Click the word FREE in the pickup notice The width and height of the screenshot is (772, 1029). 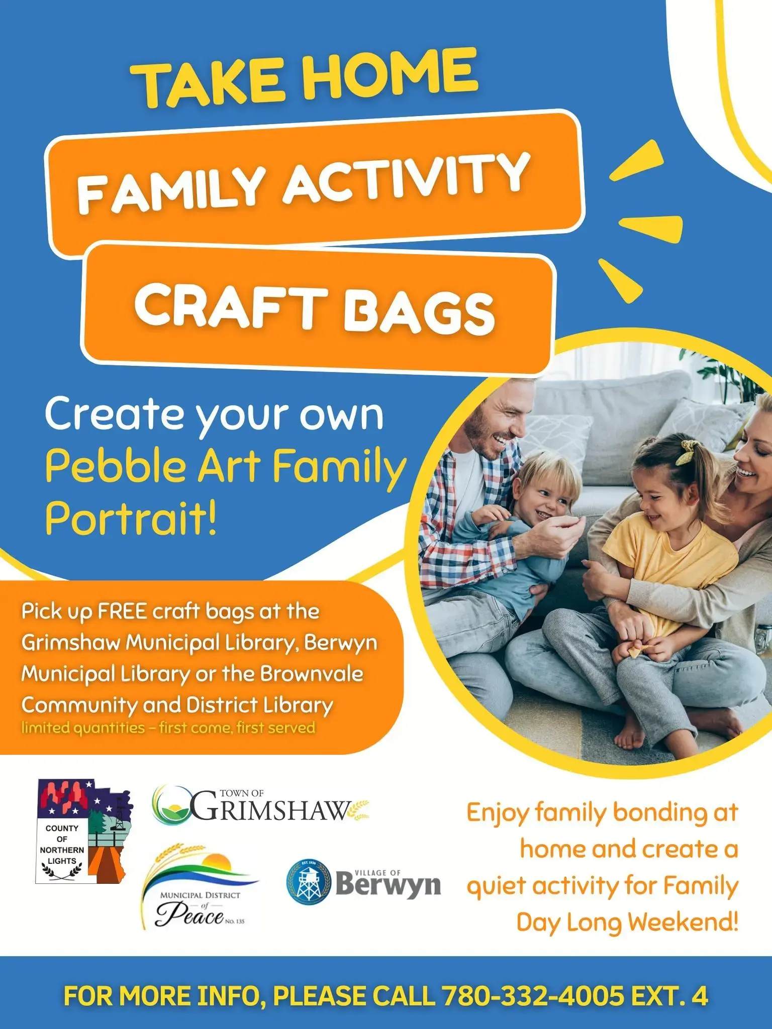tap(122, 611)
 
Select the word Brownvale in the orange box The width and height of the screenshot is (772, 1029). tap(311, 674)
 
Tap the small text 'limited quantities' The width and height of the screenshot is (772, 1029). tap(83, 728)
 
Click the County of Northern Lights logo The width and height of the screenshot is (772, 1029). tap(83, 832)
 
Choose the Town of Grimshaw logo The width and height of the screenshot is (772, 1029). tap(261, 806)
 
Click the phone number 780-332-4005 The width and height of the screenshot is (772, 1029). tap(533, 996)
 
